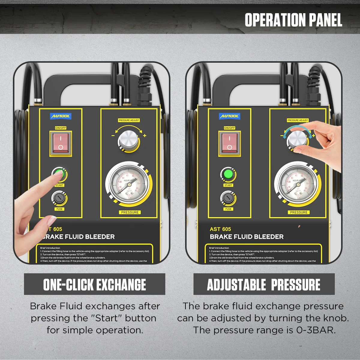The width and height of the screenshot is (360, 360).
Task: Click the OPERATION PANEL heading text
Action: coord(293,20)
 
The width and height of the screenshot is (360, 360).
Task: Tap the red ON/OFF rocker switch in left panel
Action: coord(61,143)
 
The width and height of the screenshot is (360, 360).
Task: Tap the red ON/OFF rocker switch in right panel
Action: coord(229,143)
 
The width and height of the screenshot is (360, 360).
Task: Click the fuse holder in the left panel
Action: coord(59,198)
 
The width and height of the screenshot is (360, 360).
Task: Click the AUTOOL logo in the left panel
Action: coord(61,116)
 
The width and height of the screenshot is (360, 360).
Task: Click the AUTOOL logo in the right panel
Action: coord(229,116)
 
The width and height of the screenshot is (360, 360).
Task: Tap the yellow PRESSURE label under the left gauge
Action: coord(130,212)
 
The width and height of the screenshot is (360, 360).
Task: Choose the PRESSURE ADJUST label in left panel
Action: coord(129,120)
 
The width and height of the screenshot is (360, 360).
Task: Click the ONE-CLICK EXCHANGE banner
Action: coord(94,284)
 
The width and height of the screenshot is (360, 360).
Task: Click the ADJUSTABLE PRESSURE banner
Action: coord(264,284)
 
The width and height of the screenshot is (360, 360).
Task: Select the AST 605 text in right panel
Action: coord(220,229)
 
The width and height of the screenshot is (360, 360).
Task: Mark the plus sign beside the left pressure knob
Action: coord(145,136)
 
